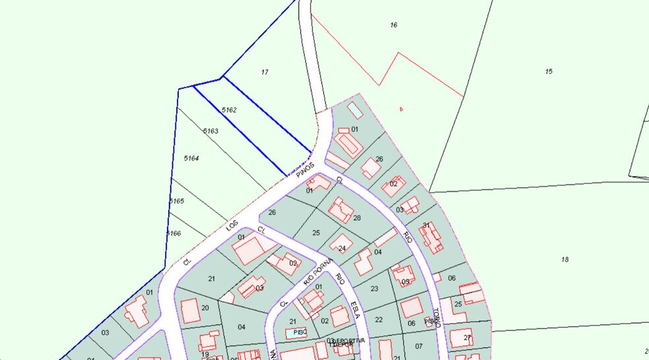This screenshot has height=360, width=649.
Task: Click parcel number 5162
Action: tap(229, 110)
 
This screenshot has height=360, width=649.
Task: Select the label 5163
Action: tap(210, 131)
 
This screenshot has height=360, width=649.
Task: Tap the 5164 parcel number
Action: tap(191, 158)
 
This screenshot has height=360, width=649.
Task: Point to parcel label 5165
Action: tap(176, 200)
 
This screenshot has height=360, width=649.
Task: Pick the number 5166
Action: tap(173, 233)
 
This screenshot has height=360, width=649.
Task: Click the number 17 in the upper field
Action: tap(264, 71)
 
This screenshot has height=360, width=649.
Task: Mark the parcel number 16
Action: tap(394, 25)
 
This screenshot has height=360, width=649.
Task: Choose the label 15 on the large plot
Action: tap(549, 71)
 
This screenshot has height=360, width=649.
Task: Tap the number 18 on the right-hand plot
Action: tap(565, 260)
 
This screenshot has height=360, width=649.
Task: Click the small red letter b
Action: tap(401, 109)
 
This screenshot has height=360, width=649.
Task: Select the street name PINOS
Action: tap(303, 169)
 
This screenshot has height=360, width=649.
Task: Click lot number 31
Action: tap(426, 225)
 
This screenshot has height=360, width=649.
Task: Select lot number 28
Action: tap(357, 218)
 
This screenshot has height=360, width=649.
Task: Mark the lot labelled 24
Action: tap(342, 249)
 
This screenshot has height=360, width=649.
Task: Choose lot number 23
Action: tap(374, 289)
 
